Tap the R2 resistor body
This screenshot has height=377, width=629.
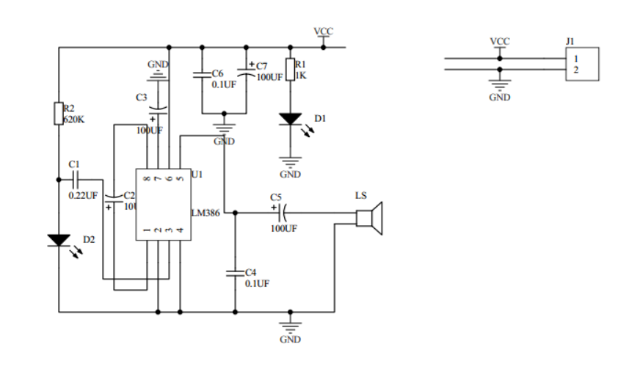click(59, 114)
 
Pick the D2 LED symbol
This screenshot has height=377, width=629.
click(59, 240)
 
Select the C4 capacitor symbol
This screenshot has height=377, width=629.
click(236, 272)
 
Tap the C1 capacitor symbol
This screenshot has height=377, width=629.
click(75, 179)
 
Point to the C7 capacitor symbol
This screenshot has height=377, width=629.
click(247, 73)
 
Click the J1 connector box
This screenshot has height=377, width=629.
click(581, 64)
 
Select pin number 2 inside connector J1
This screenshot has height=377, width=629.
click(576, 70)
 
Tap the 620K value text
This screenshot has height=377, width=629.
click(74, 120)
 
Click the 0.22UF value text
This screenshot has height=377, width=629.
click(82, 196)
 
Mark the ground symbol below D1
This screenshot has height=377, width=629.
click(291, 163)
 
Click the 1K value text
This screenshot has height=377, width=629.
click(300, 76)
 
